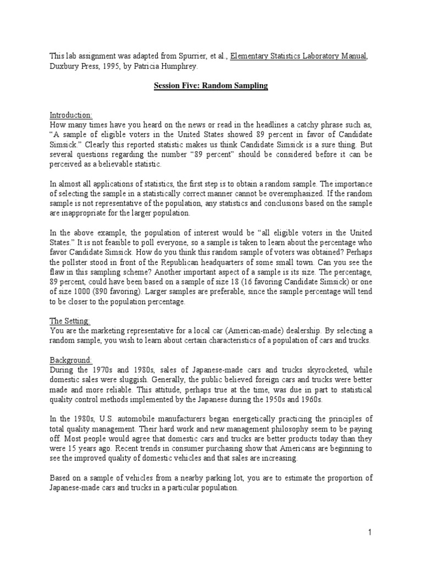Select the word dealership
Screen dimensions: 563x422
click(295, 330)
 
